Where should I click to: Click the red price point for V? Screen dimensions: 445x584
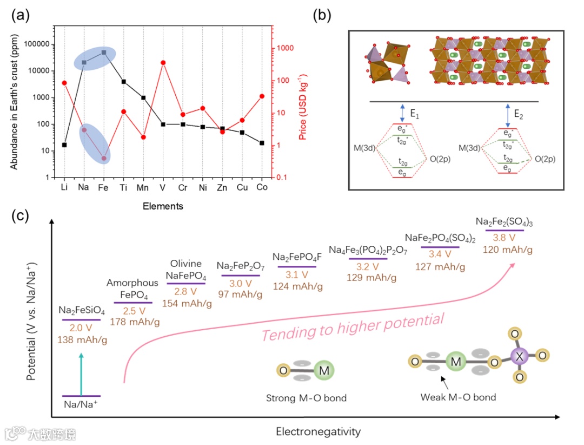pyautogui.click(x=163, y=63)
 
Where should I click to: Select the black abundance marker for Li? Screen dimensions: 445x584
pyautogui.click(x=64, y=145)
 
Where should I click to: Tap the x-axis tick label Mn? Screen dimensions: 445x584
pyautogui.click(x=143, y=187)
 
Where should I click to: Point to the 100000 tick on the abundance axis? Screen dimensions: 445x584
pyautogui.click(x=36, y=44)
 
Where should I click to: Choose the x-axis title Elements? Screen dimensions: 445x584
pyautogui.click(x=163, y=206)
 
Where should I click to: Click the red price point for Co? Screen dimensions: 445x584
pyautogui.click(x=262, y=96)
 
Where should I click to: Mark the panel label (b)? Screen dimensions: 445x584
pyautogui.click(x=324, y=16)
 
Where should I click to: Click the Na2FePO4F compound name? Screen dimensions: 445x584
pyautogui.click(x=297, y=257)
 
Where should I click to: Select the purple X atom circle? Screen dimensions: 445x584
pyautogui.click(x=520, y=356)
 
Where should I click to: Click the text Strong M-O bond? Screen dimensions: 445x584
pyautogui.click(x=306, y=398)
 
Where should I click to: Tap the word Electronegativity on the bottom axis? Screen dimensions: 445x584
pyautogui.click(x=318, y=431)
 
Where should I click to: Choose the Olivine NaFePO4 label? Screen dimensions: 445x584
pyautogui.click(x=186, y=269)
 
